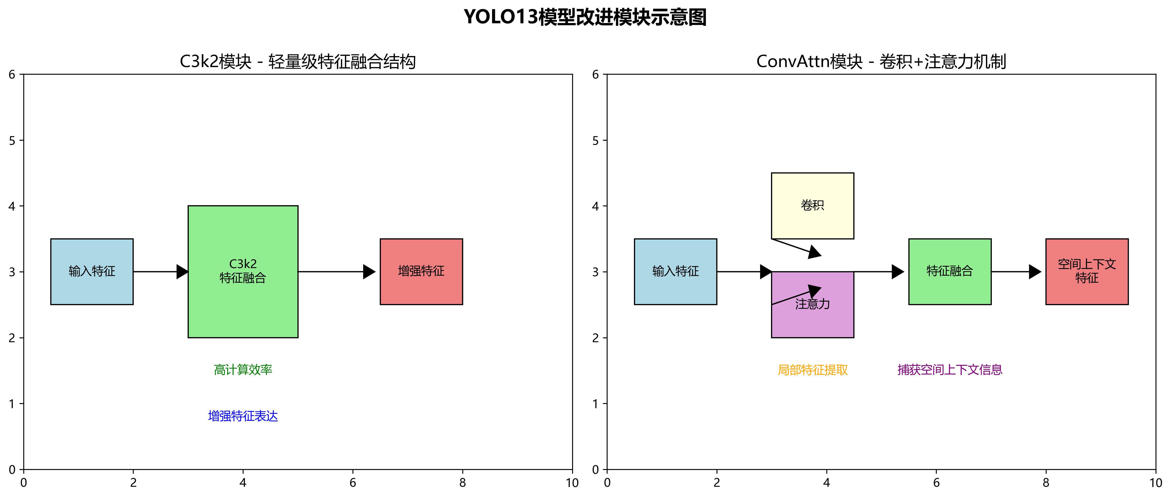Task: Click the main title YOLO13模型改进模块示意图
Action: tap(585, 17)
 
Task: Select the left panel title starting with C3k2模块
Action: tap(298, 61)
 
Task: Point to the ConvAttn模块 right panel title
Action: tap(881, 61)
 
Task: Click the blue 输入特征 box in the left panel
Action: tap(92, 271)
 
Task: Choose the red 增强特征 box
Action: tap(421, 271)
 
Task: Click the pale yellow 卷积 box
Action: tap(812, 205)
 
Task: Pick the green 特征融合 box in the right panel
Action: tap(950, 271)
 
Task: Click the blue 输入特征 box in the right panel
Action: tap(676, 271)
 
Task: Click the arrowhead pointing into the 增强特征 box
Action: tap(369, 272)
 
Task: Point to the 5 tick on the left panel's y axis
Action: tap(12, 140)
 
